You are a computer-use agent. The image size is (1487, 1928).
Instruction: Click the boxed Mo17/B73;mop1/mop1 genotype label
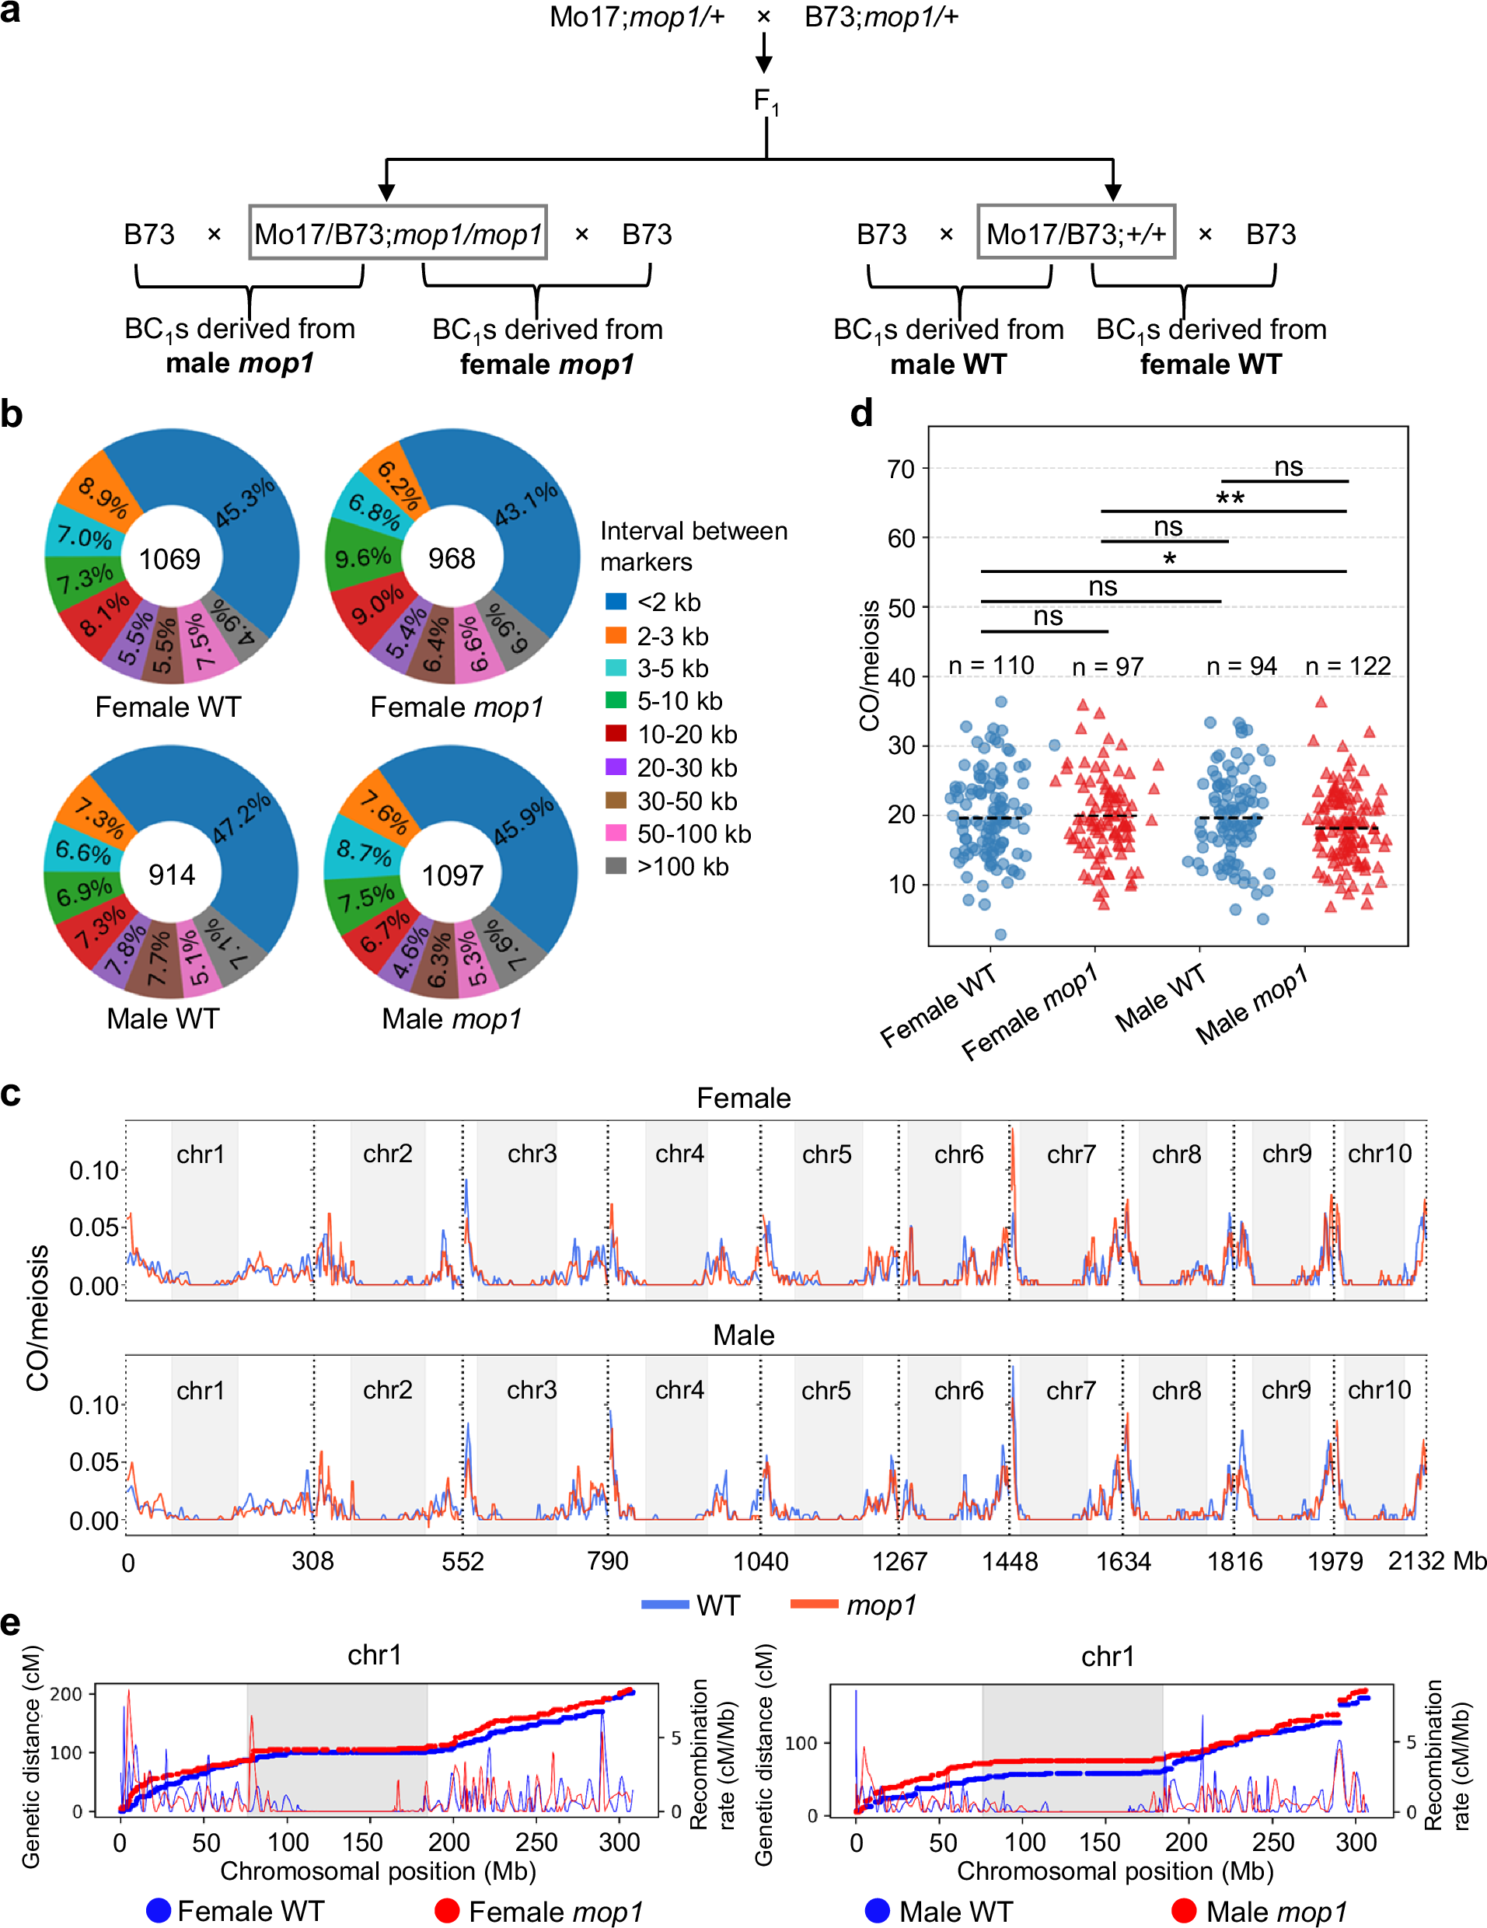point(398,234)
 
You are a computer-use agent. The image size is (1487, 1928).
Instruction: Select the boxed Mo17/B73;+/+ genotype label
point(1076,233)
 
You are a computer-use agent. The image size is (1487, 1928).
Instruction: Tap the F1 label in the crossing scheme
point(765,103)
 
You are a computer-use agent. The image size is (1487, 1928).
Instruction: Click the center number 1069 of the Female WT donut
point(169,559)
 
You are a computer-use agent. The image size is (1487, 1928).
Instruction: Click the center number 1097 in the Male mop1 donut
point(452,875)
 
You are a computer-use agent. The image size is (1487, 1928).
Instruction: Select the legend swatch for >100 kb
point(616,866)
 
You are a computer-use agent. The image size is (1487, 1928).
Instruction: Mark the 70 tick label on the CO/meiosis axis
point(901,469)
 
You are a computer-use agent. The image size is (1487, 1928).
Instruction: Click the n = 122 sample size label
point(1348,665)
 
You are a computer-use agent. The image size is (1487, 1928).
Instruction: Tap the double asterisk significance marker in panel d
point(1230,499)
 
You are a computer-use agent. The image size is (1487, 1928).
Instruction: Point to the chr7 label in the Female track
point(1071,1154)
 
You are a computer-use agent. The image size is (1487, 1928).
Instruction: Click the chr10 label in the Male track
point(1379,1389)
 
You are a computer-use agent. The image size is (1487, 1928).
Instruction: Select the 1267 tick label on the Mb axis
point(899,1562)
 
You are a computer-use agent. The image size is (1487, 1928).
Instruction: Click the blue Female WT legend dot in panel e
point(159,1910)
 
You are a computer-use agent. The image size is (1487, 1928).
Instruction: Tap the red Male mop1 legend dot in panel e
point(1183,1910)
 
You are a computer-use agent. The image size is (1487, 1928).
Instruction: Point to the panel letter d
point(861,413)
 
